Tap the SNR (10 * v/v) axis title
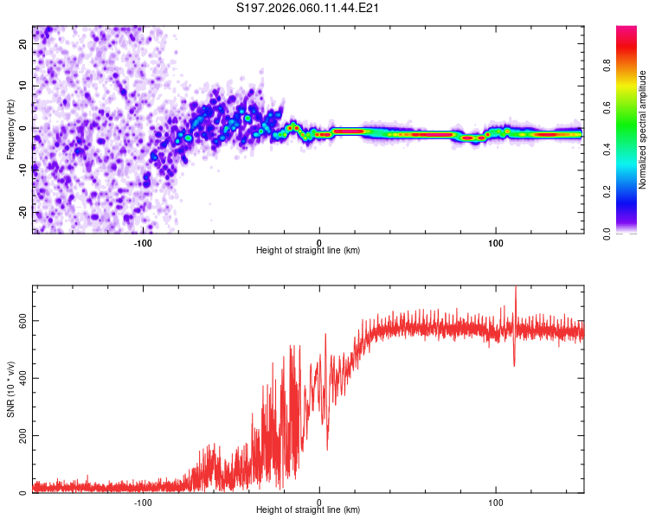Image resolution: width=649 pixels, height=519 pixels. coord(10,388)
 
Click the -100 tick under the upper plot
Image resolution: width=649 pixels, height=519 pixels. coord(143,242)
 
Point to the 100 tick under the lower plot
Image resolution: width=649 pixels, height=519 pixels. coord(496,502)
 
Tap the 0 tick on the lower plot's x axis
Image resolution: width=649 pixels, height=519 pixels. coord(319,502)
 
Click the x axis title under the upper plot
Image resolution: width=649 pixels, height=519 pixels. coord(308,251)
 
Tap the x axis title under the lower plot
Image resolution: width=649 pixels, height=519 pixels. coord(308,510)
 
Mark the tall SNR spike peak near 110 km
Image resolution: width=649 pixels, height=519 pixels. coord(516,288)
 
